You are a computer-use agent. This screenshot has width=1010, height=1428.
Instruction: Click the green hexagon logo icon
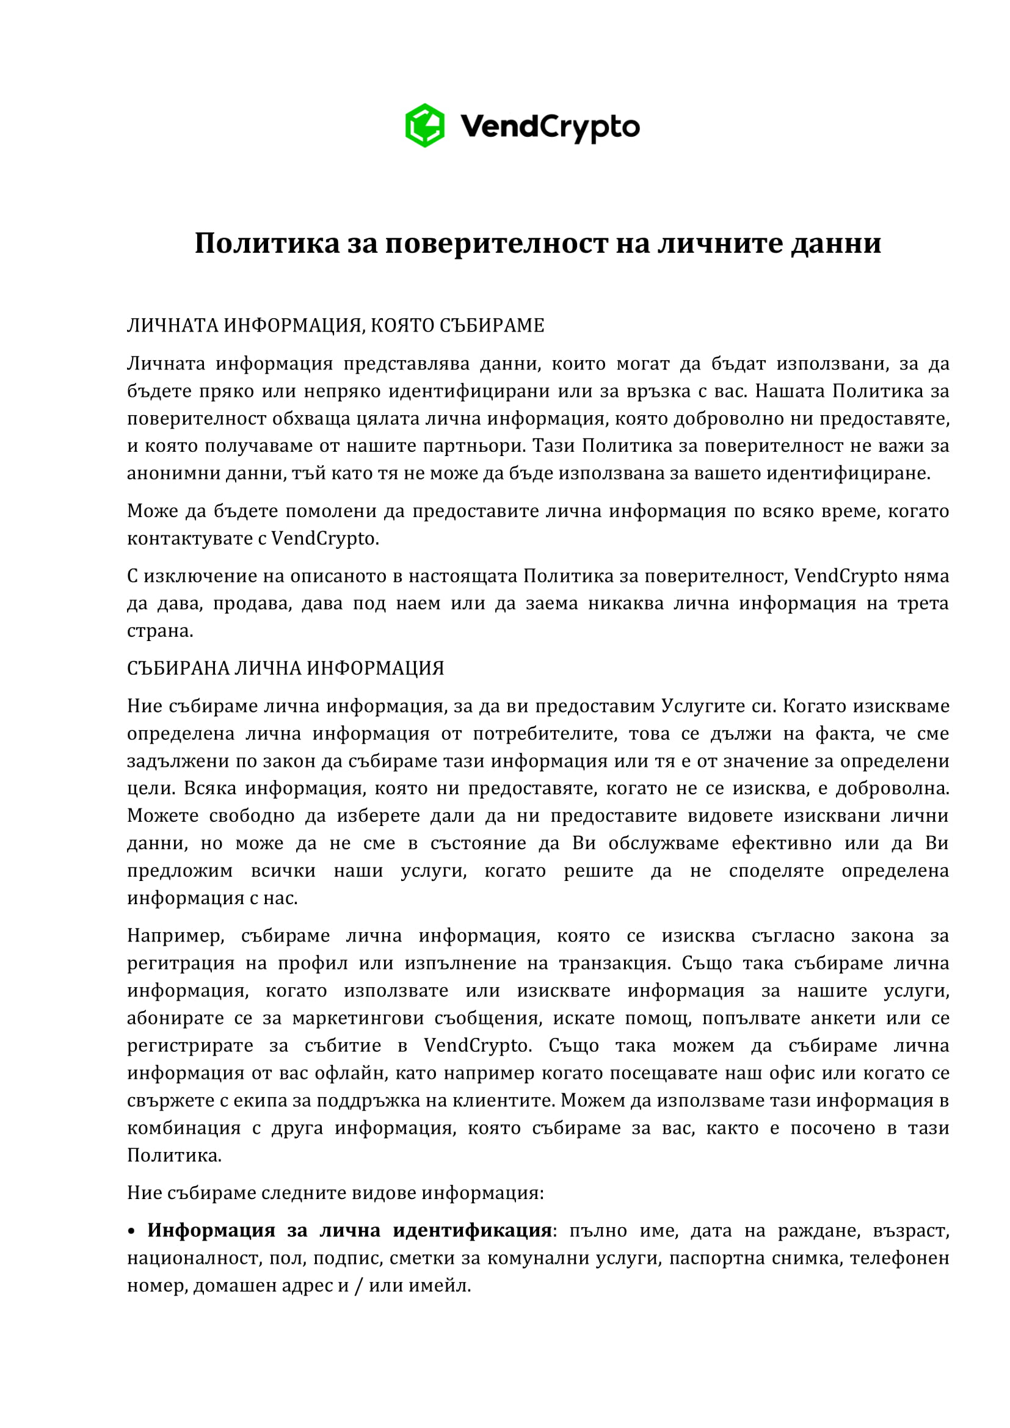coord(425,126)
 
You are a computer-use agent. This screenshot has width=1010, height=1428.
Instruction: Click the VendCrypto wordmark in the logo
coord(550,127)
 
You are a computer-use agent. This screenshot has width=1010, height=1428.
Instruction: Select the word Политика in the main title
coord(267,243)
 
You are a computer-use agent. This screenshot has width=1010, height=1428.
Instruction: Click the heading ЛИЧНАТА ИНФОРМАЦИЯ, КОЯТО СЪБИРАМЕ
coord(335,326)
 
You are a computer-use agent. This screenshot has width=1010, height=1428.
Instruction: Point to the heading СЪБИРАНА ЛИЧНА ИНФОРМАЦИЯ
coord(285,669)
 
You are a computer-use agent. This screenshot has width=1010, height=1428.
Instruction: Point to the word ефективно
coord(781,843)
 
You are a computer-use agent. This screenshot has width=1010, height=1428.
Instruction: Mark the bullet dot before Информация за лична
coord(131,1231)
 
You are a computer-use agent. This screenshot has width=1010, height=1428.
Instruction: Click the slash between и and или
coord(358,1286)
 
